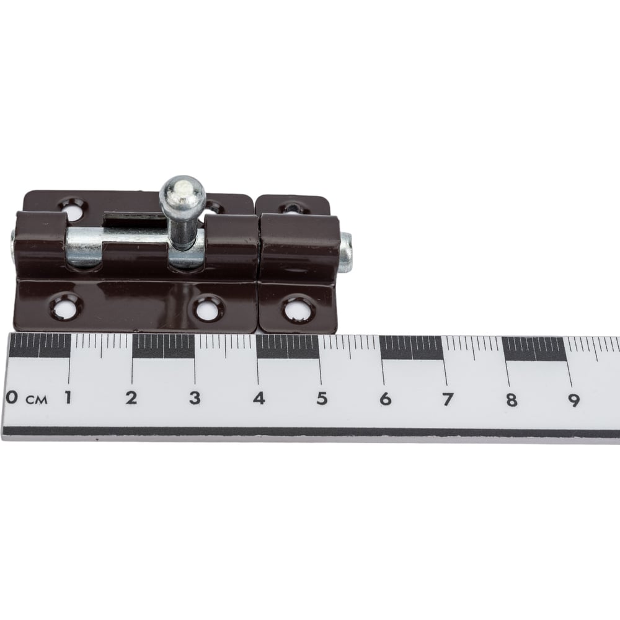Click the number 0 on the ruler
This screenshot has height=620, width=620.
click(x=12, y=397)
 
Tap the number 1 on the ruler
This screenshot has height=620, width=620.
click(x=68, y=397)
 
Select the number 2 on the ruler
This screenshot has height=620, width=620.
click(x=131, y=398)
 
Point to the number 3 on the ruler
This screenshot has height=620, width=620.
click(x=194, y=398)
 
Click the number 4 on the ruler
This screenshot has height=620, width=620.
click(x=259, y=398)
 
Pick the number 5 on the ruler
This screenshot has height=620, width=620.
click(x=322, y=399)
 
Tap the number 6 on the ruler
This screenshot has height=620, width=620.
click(x=385, y=399)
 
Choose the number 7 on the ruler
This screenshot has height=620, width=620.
click(x=448, y=399)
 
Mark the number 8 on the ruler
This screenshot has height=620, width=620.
click(x=511, y=400)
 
